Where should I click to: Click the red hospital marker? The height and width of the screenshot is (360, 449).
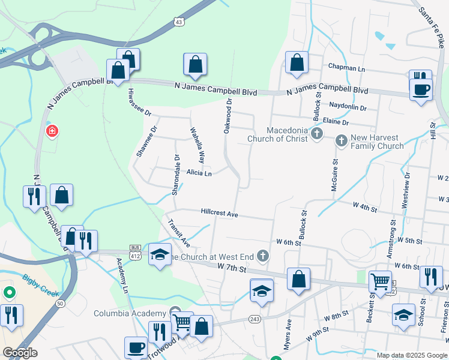point(52,130)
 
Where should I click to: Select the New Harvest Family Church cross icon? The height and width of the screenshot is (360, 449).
point(341,141)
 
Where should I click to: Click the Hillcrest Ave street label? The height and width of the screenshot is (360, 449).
point(220,214)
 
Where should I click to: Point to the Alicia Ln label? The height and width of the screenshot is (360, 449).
point(199,173)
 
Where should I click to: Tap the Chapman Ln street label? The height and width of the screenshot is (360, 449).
point(346,68)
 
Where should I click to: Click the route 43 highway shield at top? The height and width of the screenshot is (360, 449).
point(179,22)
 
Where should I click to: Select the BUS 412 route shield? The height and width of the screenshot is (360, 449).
point(135,251)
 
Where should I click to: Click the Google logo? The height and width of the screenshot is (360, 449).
point(19,352)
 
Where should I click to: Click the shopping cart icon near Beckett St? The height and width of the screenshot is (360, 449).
point(380,281)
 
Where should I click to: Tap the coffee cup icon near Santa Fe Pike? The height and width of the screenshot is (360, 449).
point(420,89)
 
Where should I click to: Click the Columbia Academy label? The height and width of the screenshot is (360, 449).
point(129,313)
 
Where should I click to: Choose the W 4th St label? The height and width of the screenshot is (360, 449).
point(365,209)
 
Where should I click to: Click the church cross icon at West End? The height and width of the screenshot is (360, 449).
point(262,256)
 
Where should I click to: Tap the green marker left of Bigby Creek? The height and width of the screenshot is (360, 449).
point(9,293)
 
